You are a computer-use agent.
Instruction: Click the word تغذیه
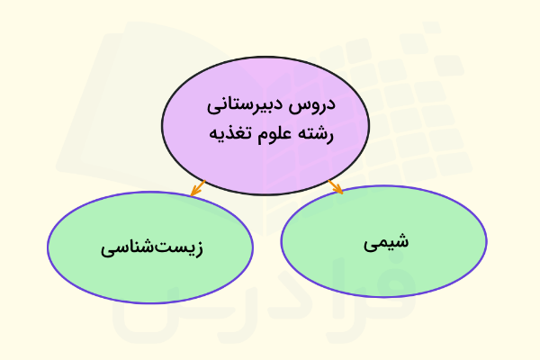[231, 134]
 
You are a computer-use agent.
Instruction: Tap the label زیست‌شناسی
[150, 247]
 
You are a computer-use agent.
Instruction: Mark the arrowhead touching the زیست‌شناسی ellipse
[193, 191]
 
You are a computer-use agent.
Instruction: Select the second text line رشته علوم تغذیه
[272, 134]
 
